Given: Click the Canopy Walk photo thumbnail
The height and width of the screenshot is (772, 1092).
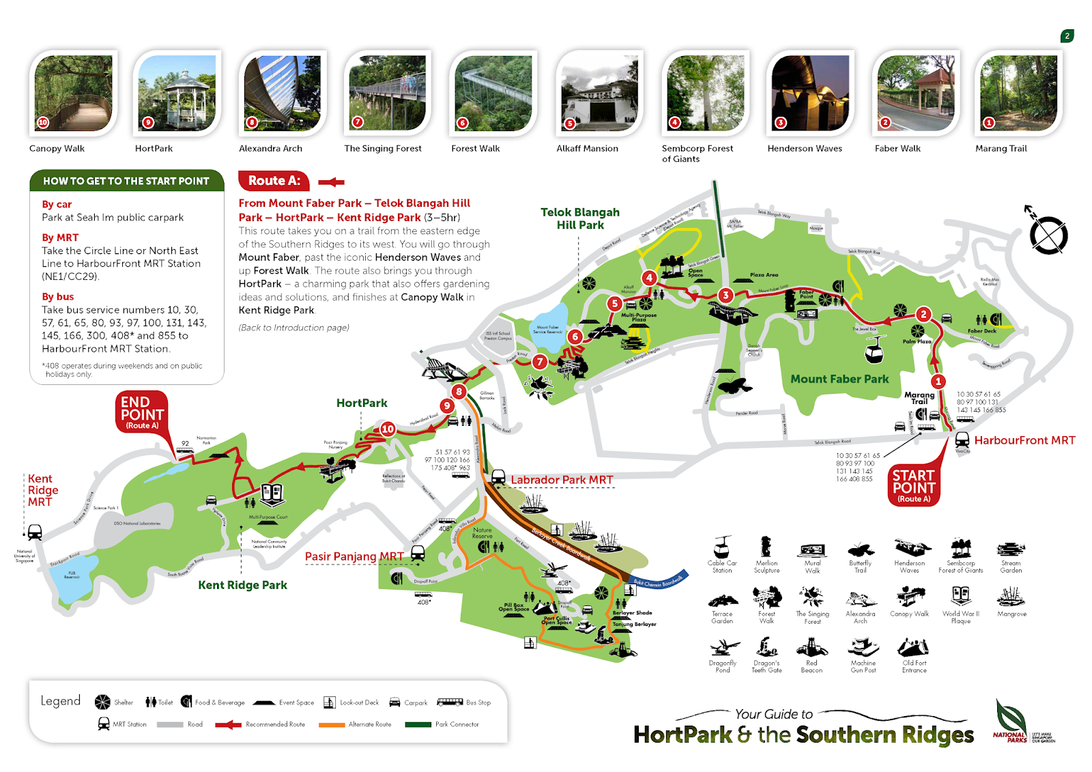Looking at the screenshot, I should pyautogui.click(x=73, y=94).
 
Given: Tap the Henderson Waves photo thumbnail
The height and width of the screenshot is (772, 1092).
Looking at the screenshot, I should pyautogui.click(x=810, y=94).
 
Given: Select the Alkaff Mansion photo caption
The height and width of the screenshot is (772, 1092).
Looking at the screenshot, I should pyautogui.click(x=587, y=148).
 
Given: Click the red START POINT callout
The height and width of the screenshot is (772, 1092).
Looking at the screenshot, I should pyautogui.click(x=913, y=485).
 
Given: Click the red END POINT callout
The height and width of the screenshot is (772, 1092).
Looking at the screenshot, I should pyautogui.click(x=142, y=411).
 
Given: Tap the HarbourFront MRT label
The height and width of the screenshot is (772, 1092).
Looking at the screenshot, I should pyautogui.click(x=1024, y=440).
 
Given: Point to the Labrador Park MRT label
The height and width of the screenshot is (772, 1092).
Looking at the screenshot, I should pyautogui.click(x=562, y=480).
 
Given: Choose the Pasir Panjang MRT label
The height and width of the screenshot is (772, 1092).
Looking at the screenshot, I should pyautogui.click(x=354, y=556).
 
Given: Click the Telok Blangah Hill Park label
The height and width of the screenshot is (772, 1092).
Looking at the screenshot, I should pyautogui.click(x=580, y=218).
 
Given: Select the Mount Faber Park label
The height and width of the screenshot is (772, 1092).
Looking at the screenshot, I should pyautogui.click(x=839, y=379).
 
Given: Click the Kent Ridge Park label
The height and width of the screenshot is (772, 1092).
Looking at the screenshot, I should pyautogui.click(x=242, y=585).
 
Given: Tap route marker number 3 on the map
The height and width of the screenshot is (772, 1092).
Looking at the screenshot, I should pyautogui.click(x=725, y=295).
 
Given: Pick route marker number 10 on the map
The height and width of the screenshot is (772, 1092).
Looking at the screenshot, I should pyautogui.click(x=388, y=429).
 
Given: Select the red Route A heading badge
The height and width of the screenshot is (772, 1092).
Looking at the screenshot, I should pyautogui.click(x=274, y=181).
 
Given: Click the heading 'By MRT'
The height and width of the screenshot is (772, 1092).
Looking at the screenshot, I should pyautogui.click(x=60, y=238).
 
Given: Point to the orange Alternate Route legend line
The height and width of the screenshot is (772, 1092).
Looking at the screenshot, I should pyautogui.click(x=332, y=725).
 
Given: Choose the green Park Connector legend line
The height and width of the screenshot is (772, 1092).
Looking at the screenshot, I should pyautogui.click(x=418, y=725).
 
